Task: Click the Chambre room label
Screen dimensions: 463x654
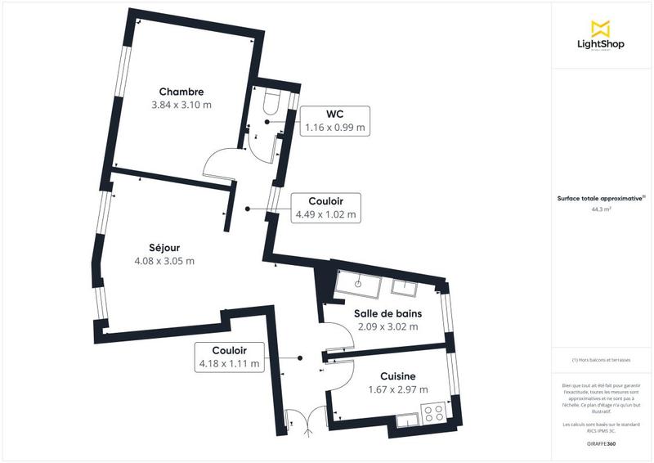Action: (181, 92)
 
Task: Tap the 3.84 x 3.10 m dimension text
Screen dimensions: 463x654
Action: (181, 106)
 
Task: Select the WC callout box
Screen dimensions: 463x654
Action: (335, 121)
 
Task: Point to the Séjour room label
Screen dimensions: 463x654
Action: (164, 247)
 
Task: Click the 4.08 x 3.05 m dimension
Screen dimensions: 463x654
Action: (164, 261)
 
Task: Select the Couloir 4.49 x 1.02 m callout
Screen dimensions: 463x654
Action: (325, 208)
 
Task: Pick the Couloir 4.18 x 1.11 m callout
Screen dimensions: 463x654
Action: (230, 357)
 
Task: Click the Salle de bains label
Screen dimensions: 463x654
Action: (387, 313)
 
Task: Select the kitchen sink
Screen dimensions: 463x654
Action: (406, 420)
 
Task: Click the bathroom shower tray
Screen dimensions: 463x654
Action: (357, 284)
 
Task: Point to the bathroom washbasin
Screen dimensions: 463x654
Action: (405, 286)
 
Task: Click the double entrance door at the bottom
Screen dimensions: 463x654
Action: (303, 420)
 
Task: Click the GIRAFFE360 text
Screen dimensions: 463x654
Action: (601, 443)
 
